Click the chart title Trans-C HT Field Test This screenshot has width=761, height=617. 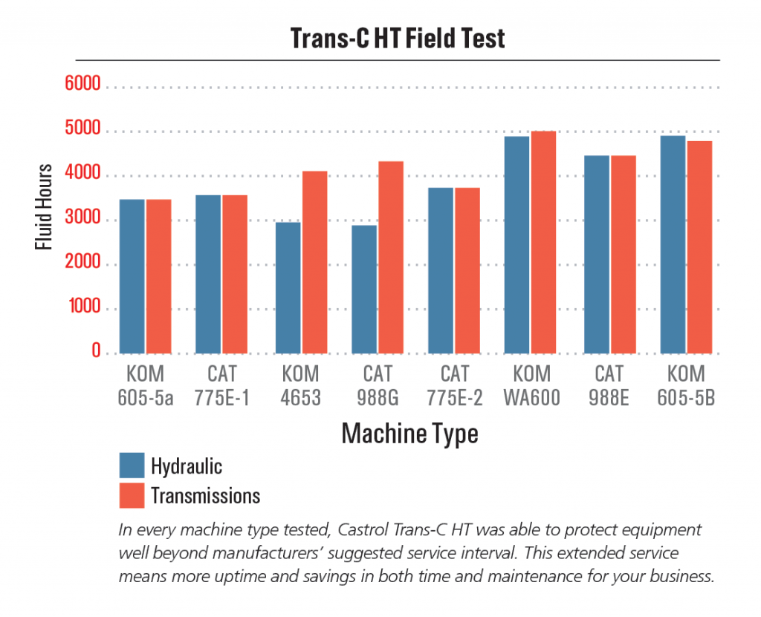pyautogui.click(x=397, y=38)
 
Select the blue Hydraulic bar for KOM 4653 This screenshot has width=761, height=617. pyautogui.click(x=288, y=287)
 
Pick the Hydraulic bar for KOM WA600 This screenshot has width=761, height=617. pyautogui.click(x=516, y=244)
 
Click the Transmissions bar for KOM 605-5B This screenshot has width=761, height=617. pyautogui.click(x=699, y=247)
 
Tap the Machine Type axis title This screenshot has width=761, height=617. pyautogui.click(x=409, y=434)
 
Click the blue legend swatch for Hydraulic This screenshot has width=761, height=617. pyautogui.click(x=132, y=465)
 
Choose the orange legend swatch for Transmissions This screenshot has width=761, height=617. pyautogui.click(x=132, y=495)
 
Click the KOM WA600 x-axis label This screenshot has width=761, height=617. pyautogui.click(x=531, y=385)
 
